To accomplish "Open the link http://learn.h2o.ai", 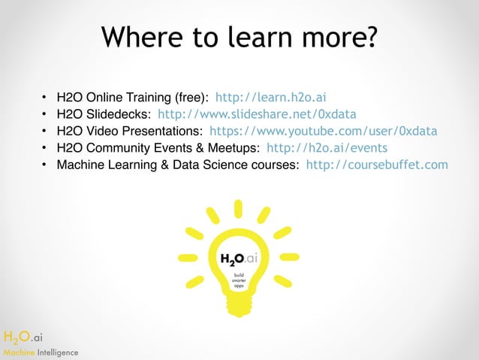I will [x=270, y=97].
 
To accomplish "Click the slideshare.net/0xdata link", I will [x=257, y=114].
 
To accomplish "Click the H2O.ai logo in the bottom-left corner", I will [x=23, y=337].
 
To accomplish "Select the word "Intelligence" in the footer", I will [x=54, y=352].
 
